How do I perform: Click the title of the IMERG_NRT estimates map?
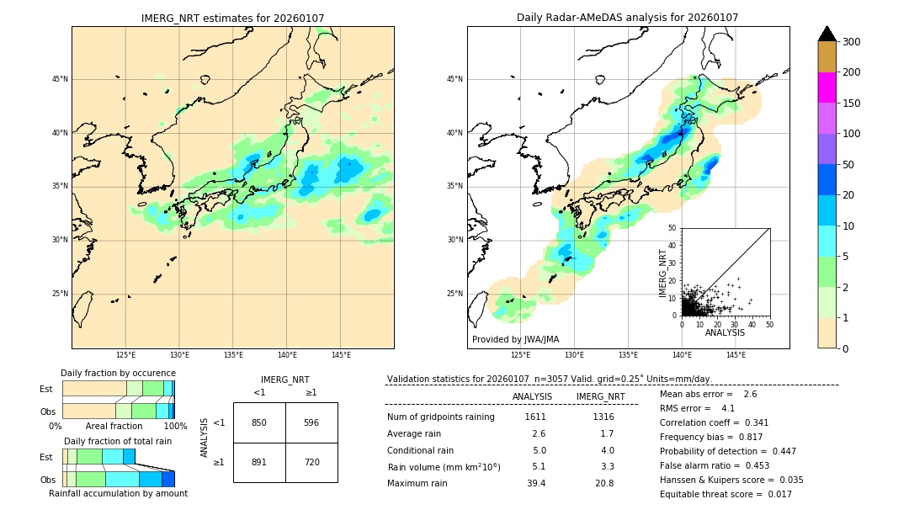pos(232,18)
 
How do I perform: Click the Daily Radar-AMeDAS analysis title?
pos(628,18)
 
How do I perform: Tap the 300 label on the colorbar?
pos(851,42)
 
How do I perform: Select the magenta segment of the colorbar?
pos(827,88)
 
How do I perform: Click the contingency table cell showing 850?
pos(259,422)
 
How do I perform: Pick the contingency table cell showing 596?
pos(311,422)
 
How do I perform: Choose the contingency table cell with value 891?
pos(259,462)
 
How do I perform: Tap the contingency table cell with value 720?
pos(311,462)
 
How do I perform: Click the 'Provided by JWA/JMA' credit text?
pos(515,339)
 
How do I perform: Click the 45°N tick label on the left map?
pos(59,79)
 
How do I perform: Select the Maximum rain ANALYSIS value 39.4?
pos(536,483)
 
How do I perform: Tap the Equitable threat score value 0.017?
pos(774,494)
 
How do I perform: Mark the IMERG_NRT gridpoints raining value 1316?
pos(603,417)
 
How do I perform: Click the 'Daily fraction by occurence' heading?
pos(118,373)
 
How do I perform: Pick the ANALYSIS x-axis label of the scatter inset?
pos(725,332)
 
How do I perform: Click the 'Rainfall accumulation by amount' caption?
pos(118,493)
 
